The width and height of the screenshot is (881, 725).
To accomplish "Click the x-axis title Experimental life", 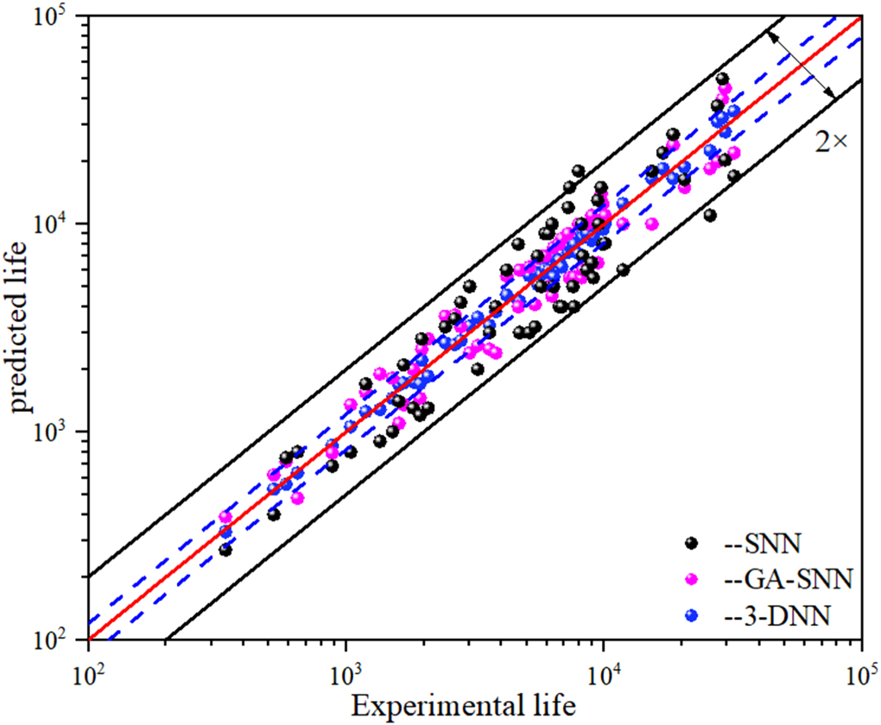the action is tap(464, 705).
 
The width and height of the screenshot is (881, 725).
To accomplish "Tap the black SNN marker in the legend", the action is tap(691, 543).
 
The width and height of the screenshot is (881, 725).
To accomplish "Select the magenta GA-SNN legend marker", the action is tap(691, 579).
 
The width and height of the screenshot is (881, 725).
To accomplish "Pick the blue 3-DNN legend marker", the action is tap(691, 615).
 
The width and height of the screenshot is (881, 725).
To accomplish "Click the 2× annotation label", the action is tap(830, 143).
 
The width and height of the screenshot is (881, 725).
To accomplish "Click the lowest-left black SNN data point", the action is tap(225, 550).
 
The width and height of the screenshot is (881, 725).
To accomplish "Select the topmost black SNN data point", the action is tap(723, 79).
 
